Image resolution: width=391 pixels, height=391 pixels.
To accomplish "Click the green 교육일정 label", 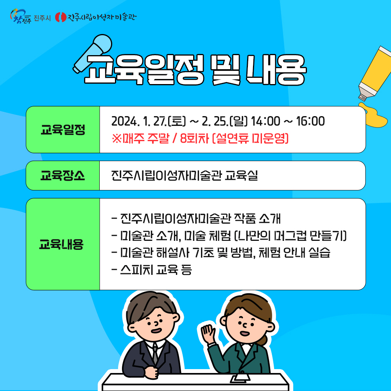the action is [63, 130].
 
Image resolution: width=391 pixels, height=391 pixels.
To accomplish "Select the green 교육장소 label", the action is [63, 176].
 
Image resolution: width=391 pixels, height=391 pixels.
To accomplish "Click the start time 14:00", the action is [265, 121].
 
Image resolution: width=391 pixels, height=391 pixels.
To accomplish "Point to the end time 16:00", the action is [310, 121].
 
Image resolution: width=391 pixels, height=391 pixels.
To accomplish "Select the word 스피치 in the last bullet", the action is [136, 269].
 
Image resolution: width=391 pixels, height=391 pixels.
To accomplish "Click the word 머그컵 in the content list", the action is [290, 236].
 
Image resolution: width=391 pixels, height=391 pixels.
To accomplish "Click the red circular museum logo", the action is [61, 17].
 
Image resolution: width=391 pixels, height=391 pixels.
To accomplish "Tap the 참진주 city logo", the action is [21, 16].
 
